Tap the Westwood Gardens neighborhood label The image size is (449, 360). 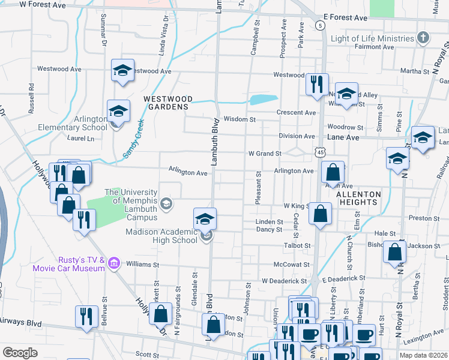(167, 103)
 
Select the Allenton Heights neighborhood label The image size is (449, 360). (358, 198)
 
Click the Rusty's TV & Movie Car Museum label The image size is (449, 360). (81, 264)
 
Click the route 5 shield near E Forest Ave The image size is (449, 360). (321, 26)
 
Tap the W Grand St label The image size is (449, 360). (265, 154)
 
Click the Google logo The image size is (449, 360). (20, 353)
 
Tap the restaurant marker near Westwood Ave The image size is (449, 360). (316, 84)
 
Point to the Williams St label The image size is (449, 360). (142, 264)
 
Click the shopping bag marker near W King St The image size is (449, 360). (322, 214)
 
